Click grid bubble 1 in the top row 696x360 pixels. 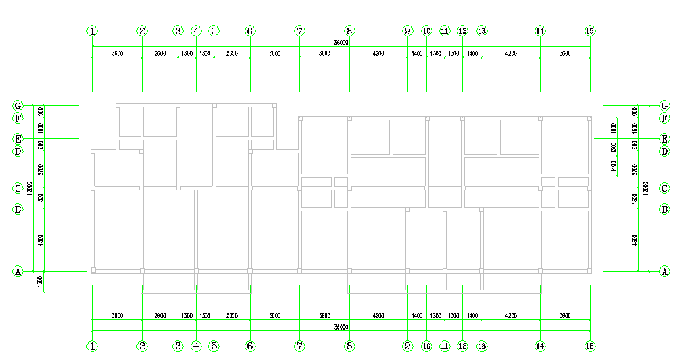(x=92, y=31)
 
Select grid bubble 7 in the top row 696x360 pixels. (x=300, y=31)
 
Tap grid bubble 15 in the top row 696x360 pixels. (x=590, y=31)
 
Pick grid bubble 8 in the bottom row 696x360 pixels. (x=349, y=346)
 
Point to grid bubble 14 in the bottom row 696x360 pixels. (x=540, y=346)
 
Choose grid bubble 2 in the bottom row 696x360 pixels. (x=142, y=346)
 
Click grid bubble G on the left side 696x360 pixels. (x=18, y=106)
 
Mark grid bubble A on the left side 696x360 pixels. (x=18, y=272)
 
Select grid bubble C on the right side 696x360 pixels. (x=664, y=188)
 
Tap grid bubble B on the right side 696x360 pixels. (x=664, y=209)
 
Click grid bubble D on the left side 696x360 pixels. (x=18, y=151)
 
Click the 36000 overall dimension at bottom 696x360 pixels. (x=342, y=326)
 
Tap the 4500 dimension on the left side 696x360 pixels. (x=41, y=240)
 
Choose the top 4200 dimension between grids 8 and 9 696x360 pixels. (x=378, y=53)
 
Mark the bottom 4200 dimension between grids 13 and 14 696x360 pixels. (x=511, y=315)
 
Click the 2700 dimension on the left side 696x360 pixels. (x=41, y=169)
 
